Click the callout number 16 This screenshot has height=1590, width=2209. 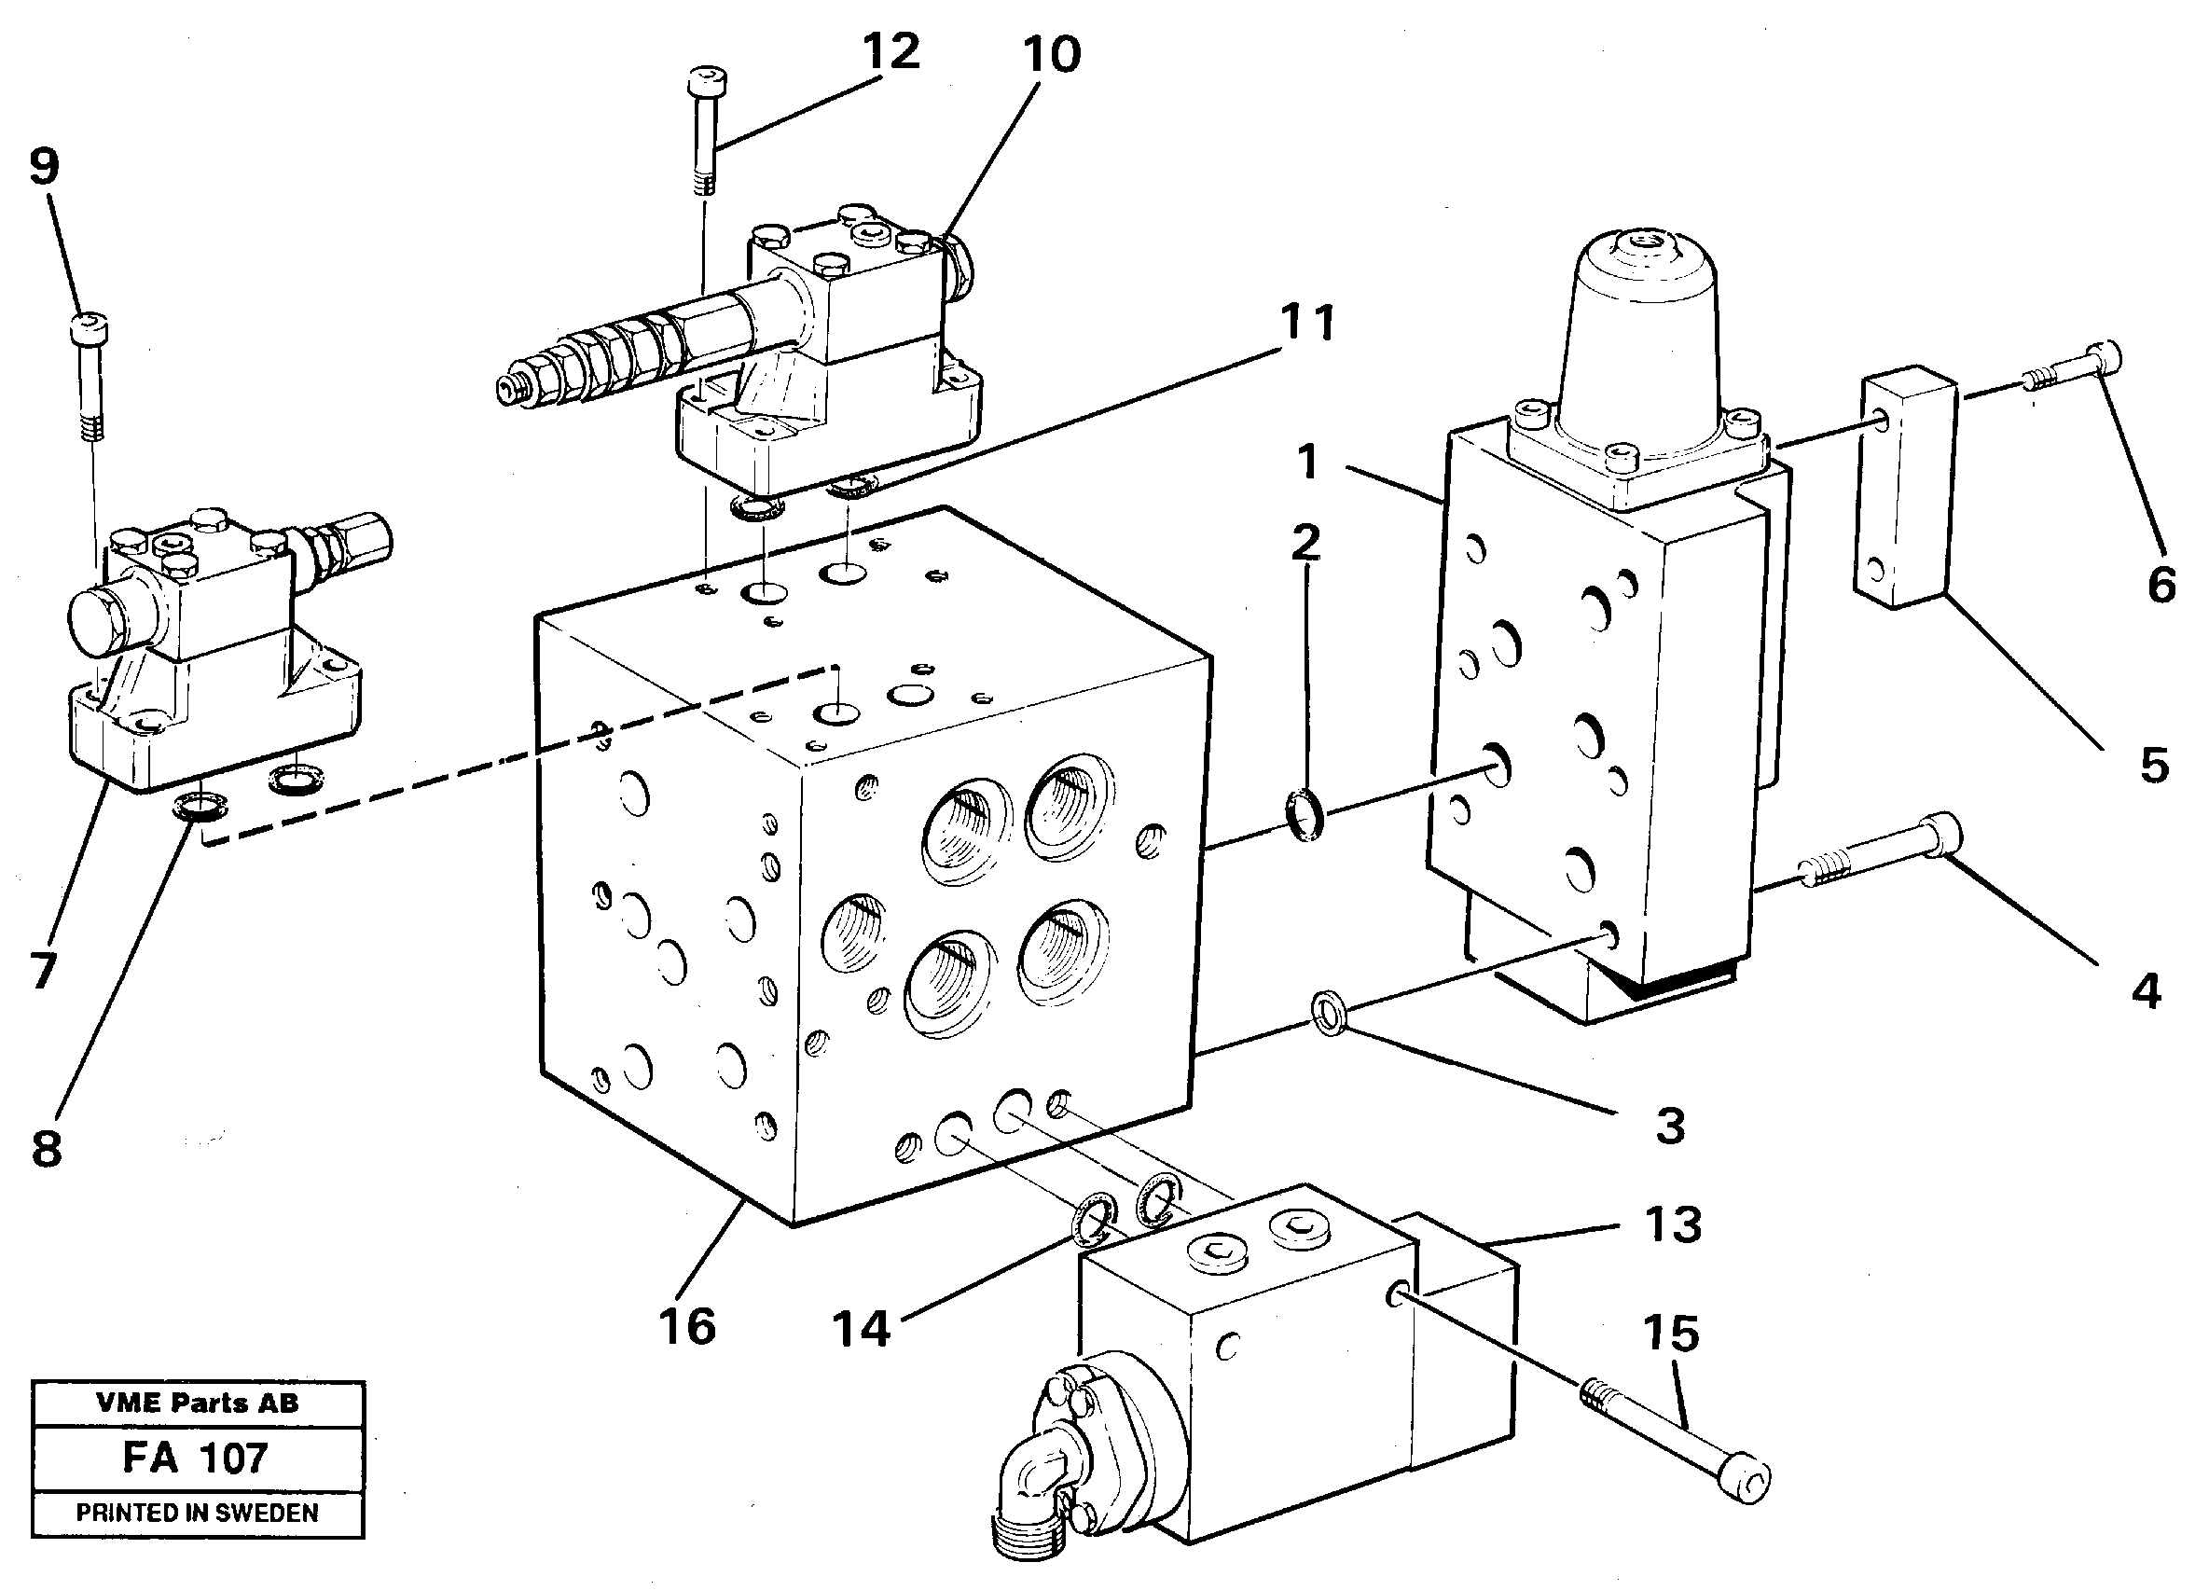tap(686, 1326)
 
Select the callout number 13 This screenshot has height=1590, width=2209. tap(1672, 1224)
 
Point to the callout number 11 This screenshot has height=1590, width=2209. tap(1307, 323)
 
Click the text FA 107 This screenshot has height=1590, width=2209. tap(195, 1459)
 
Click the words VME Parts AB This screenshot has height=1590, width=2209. tap(197, 1403)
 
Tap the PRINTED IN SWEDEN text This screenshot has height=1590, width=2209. tap(197, 1513)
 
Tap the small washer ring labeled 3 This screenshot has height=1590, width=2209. tap(1330, 1015)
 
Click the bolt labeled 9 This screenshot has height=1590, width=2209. tap(90, 375)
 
